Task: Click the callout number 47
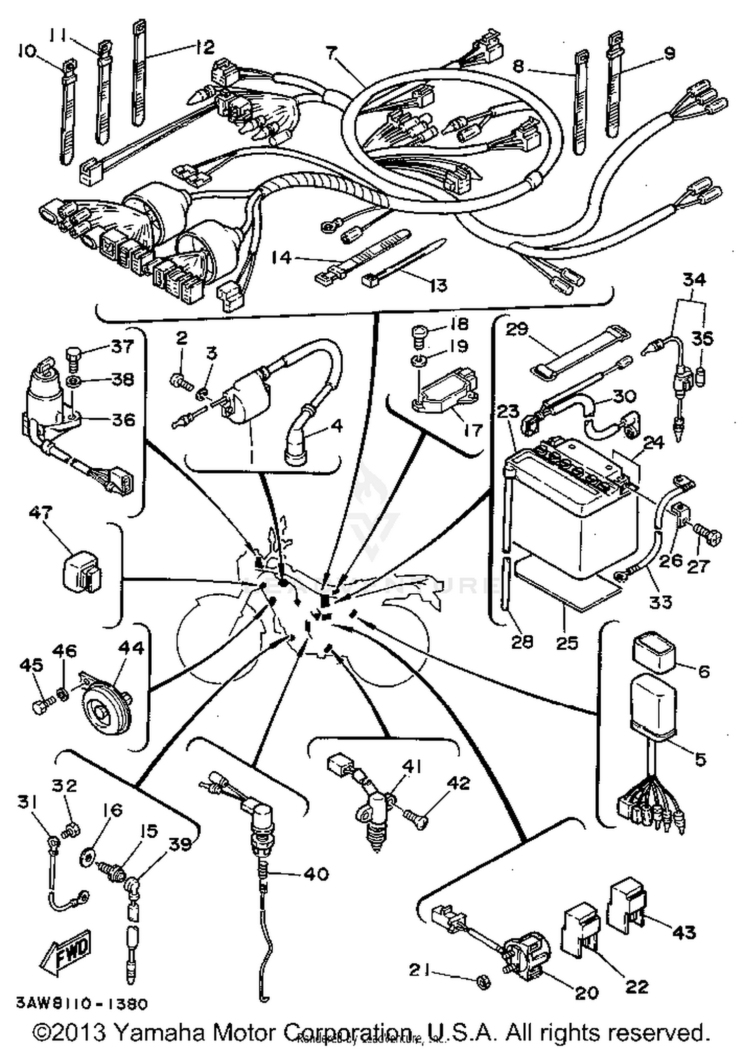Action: [x=41, y=512]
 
